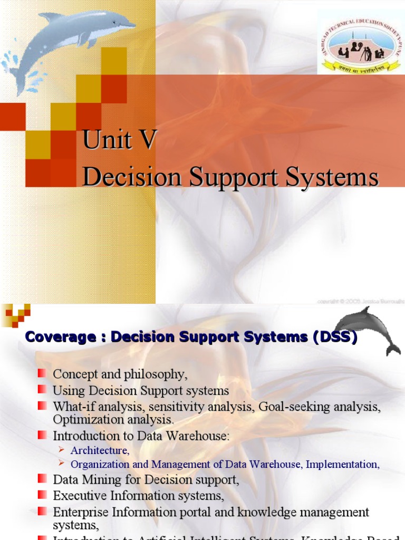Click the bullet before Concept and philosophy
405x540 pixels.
pyautogui.click(x=42, y=374)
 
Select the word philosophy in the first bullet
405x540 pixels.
pyautogui.click(x=158, y=375)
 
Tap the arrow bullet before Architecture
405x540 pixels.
pyautogui.click(x=61, y=450)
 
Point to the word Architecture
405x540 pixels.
pyautogui.click(x=100, y=450)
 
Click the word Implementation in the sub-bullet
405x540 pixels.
pyautogui.click(x=342, y=465)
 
